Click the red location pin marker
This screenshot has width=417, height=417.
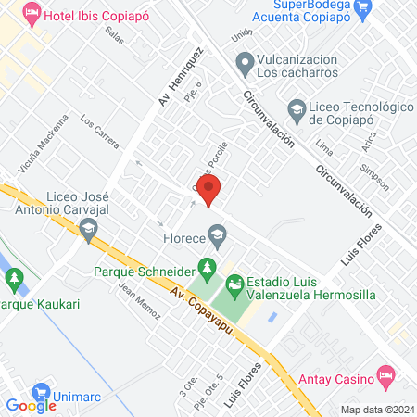pyautogui.click(x=209, y=190)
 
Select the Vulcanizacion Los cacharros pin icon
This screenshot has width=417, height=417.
pyautogui.click(x=245, y=64)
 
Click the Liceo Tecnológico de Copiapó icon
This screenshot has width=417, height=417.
pyautogui.click(x=296, y=109)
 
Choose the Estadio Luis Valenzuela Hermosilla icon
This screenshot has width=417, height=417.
pyautogui.click(x=235, y=282)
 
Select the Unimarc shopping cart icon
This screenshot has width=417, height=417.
pyautogui.click(x=40, y=392)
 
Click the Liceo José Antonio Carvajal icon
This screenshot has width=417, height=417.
pyautogui.click(x=90, y=229)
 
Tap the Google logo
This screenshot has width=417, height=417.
pyautogui.click(x=32, y=405)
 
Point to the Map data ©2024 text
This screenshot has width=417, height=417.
pyautogui.click(x=375, y=409)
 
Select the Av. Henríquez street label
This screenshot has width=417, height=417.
pyautogui.click(x=179, y=74)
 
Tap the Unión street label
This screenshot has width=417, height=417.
pyautogui.click(x=243, y=35)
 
